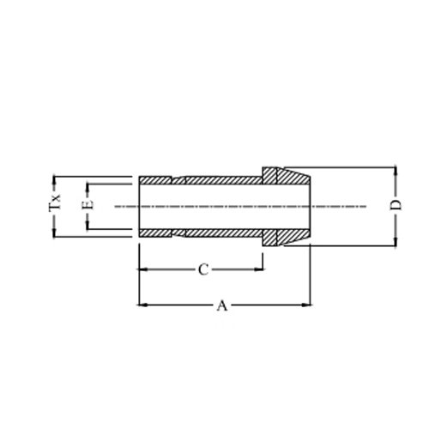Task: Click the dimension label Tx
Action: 55,202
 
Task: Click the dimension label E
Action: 88,204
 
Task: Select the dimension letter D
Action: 396,205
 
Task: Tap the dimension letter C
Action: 203,269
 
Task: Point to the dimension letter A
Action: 222,305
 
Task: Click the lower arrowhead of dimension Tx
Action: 53,233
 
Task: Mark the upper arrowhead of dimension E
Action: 87,188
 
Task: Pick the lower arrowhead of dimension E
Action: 87,225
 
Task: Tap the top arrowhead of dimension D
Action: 396,172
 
